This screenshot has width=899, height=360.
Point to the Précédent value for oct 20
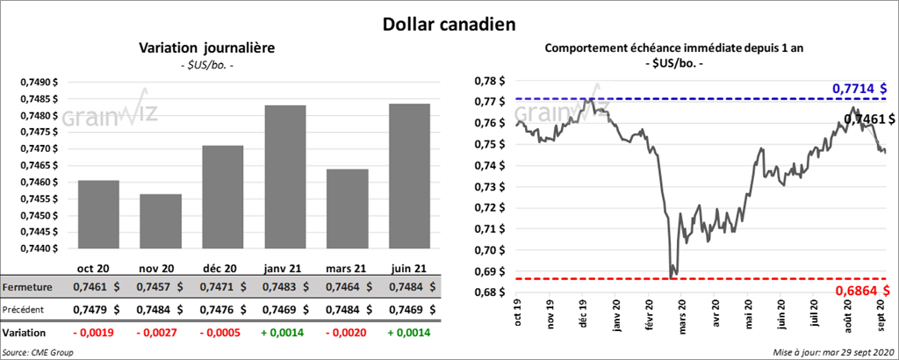(92, 310)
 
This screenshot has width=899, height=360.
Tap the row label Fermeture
(26, 287)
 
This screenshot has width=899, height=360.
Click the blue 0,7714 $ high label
(859, 89)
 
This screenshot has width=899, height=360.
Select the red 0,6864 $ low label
(859, 290)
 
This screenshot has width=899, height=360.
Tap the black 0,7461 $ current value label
(868, 119)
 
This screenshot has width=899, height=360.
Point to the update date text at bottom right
(833, 351)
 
